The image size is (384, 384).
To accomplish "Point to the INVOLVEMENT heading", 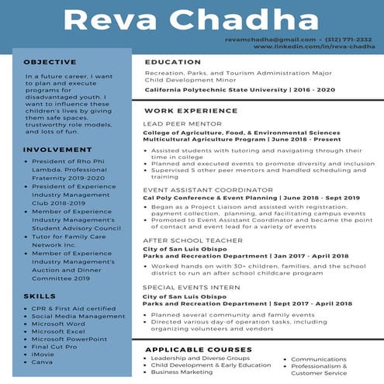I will tap(52, 149).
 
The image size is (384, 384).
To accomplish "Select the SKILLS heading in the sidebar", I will tap(39, 296).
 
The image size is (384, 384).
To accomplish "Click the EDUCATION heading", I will tap(172, 62).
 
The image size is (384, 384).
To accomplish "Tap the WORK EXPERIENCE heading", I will tap(191, 111).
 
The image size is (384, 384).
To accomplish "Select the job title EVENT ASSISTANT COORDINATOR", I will tap(197, 189).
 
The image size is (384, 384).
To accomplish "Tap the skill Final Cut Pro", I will tap(54, 346).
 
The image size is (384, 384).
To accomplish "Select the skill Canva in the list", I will tap(42, 362).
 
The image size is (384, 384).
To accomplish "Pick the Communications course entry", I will tap(318, 359).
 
